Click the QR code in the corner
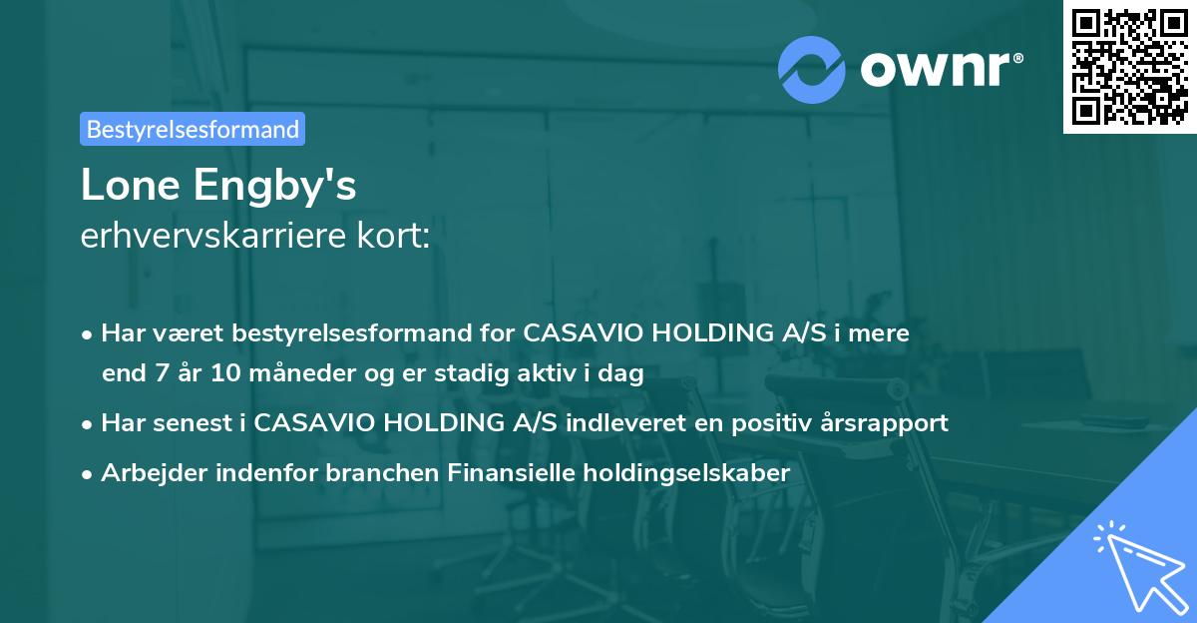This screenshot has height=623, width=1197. (1130, 66)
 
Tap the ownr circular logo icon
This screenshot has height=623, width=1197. (812, 68)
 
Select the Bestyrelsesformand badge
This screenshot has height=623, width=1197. (193, 129)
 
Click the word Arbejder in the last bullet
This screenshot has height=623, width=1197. (149, 472)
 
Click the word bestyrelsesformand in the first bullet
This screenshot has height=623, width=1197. (334, 332)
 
